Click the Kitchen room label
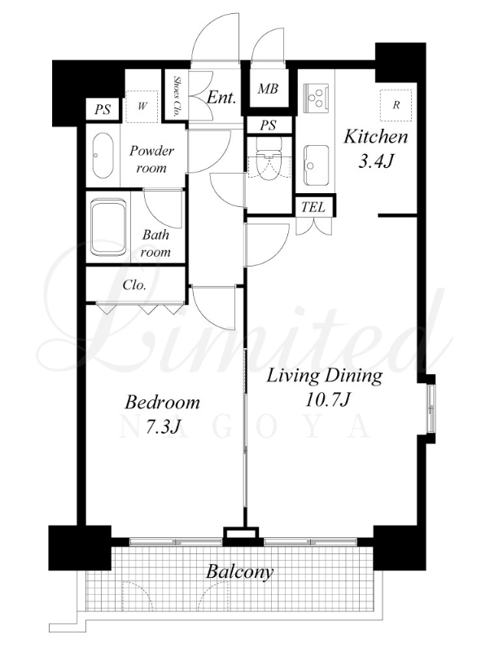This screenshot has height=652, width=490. [376, 137]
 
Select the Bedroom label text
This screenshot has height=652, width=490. [162, 402]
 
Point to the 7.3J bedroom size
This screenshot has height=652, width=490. [162, 426]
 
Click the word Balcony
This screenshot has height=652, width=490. [239, 572]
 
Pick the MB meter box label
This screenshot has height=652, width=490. [268, 89]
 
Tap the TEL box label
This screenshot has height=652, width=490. [313, 207]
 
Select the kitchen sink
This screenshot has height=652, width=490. [317, 165]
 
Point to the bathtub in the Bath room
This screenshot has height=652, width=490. [108, 227]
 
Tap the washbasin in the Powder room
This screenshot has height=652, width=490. [103, 155]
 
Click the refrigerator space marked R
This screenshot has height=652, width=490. [396, 105]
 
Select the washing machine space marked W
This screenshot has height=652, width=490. [142, 106]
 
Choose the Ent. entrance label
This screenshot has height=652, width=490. [221, 98]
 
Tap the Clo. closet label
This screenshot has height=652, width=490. [134, 285]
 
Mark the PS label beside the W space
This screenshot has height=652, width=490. [103, 110]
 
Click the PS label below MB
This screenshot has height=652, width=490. [268, 125]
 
